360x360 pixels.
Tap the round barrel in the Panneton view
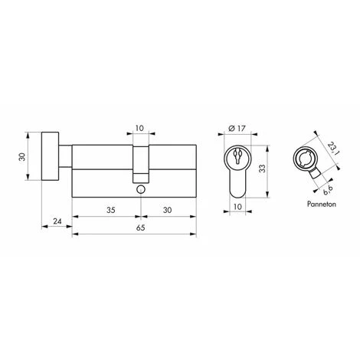[303, 162]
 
